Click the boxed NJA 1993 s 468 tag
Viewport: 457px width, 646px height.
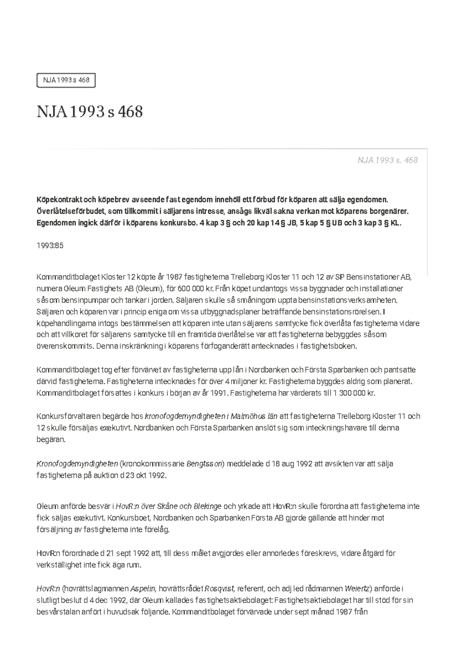coord(66,80)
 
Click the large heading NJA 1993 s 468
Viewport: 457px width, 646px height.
coord(89,112)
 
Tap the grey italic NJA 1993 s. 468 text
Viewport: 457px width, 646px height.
coord(387,160)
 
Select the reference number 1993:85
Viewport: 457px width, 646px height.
coord(50,245)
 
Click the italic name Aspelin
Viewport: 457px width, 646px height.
coord(143,589)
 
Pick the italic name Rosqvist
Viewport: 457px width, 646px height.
coord(220,589)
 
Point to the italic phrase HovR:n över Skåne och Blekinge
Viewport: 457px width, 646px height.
coord(168,506)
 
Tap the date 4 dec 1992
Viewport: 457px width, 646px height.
coord(109,600)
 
